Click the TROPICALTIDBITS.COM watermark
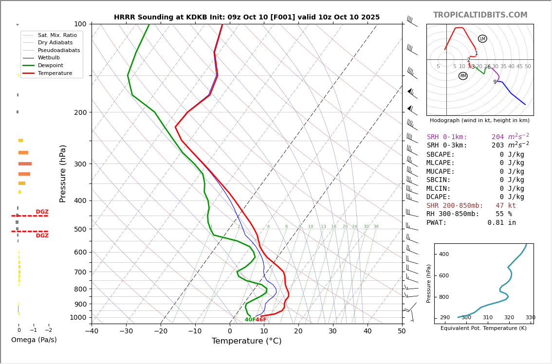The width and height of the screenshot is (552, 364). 480,15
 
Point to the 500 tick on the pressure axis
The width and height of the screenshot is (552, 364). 80,229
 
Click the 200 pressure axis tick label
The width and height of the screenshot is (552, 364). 80,112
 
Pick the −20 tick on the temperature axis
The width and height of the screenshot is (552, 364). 161,331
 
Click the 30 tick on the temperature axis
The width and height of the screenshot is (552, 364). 332,331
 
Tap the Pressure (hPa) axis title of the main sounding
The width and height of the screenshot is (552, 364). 63,173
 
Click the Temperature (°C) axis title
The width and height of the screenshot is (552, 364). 246,341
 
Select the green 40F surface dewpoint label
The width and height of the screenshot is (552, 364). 250,320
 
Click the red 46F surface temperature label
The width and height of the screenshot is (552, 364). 261,320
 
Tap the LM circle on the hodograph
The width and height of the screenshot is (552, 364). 482,39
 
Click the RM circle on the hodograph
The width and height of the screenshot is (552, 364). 463,76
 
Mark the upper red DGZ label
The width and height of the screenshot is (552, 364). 42,212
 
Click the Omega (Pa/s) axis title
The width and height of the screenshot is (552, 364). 34,340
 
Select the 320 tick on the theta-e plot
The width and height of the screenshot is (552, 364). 509,318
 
